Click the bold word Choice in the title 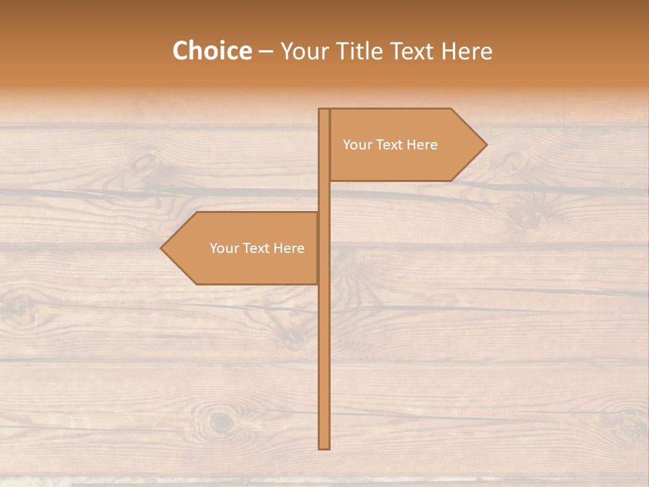pyautogui.click(x=212, y=51)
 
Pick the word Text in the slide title pyautogui.click(x=412, y=51)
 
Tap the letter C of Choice pyautogui.click(x=181, y=51)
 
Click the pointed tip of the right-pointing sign pyautogui.click(x=485, y=145)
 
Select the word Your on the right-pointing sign pyautogui.click(x=357, y=145)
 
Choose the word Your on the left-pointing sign pyautogui.click(x=224, y=248)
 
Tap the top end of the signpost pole pyautogui.click(x=324, y=110)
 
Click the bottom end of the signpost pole pyautogui.click(x=324, y=447)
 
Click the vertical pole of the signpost pyautogui.click(x=324, y=352)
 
